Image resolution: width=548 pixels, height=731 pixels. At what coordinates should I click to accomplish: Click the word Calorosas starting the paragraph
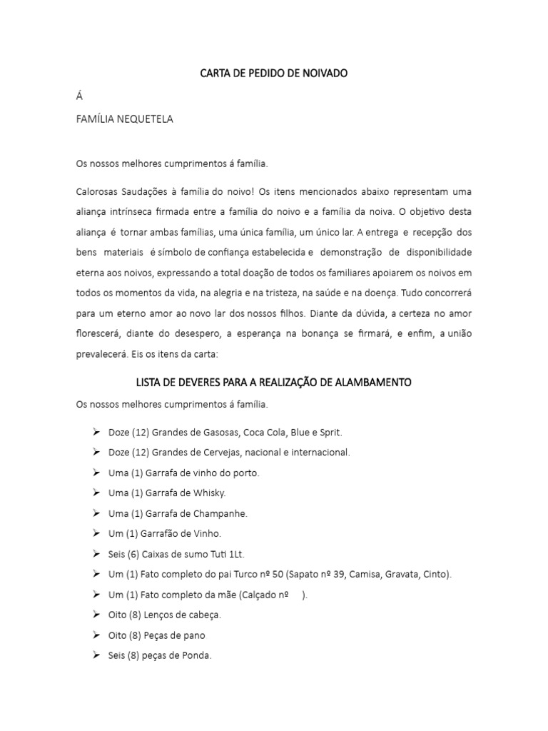tap(96, 192)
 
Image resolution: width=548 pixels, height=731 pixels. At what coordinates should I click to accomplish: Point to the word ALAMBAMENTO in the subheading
tap(373, 383)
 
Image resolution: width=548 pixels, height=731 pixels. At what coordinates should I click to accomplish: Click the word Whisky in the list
tap(209, 493)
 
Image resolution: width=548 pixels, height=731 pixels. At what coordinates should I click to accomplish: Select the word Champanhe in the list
tap(222, 513)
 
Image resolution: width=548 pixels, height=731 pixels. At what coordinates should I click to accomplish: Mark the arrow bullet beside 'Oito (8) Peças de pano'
tap(96, 635)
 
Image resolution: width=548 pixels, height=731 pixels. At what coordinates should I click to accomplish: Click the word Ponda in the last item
tap(198, 655)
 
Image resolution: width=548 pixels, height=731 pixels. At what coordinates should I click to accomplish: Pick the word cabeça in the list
tap(204, 615)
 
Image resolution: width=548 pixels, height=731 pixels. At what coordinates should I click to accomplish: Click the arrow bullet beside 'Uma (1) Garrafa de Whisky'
tap(96, 493)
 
